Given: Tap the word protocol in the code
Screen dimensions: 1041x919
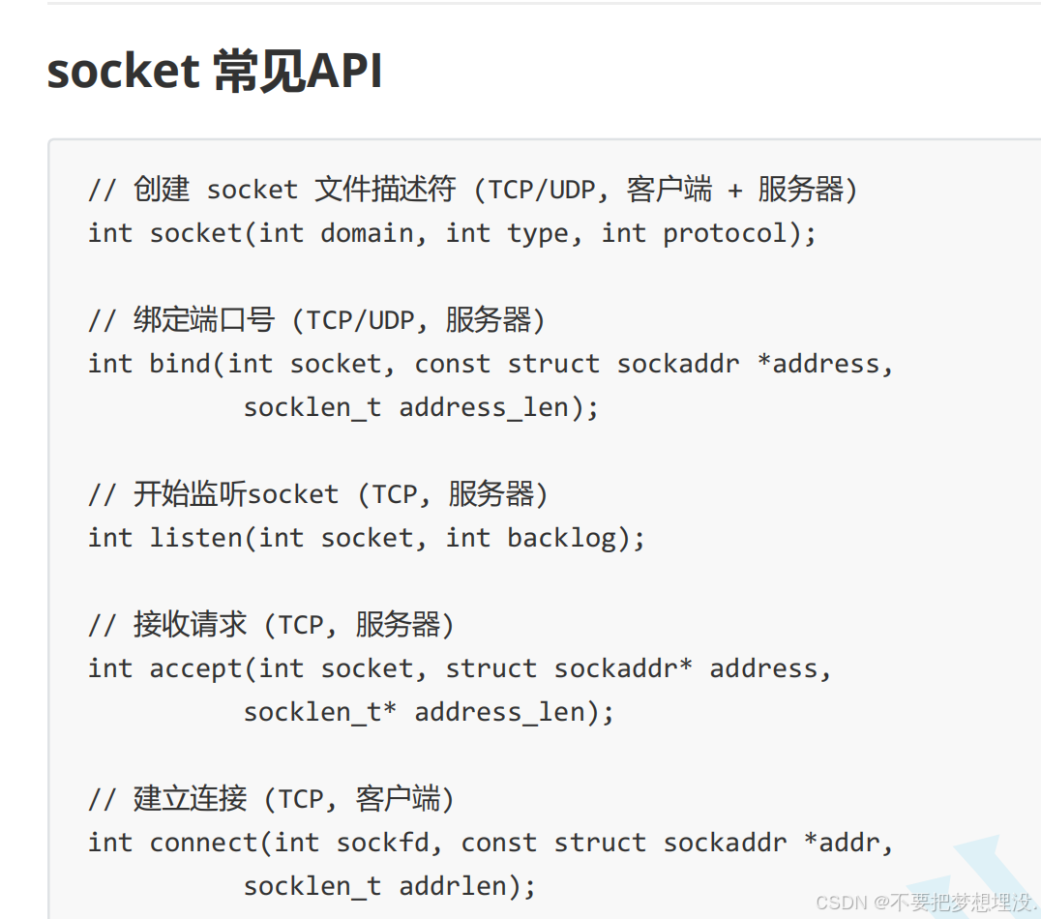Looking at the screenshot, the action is (725, 233).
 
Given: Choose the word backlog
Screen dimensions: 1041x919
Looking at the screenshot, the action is (561, 537).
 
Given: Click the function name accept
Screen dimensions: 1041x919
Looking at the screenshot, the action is (195, 668).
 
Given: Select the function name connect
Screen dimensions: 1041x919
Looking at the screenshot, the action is (203, 843).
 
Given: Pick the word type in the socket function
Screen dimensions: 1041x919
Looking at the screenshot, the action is (538, 233).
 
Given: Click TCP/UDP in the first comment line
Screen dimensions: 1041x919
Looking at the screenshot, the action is (541, 190).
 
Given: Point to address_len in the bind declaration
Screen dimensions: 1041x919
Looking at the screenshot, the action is (484, 407).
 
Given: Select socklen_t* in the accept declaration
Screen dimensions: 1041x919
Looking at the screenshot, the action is (320, 712).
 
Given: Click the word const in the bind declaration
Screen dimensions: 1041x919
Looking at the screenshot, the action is (452, 364).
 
